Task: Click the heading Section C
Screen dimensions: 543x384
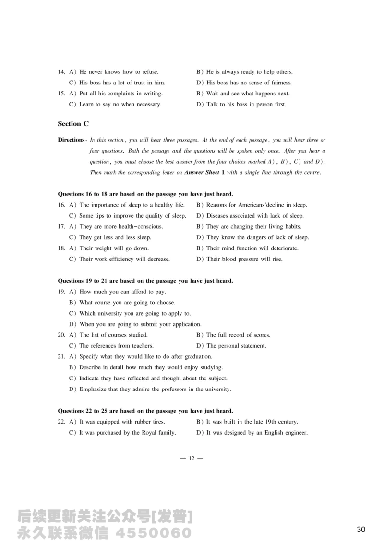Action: pos(73,124)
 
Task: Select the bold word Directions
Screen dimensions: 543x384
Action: pos(71,140)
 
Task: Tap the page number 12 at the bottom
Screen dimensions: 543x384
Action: pos(192,459)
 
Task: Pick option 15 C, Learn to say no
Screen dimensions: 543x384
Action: pos(115,104)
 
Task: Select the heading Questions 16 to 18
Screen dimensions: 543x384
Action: pos(145,194)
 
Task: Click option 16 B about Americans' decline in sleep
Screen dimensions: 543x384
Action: pos(252,205)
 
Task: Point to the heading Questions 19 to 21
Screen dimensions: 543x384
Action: pos(145,281)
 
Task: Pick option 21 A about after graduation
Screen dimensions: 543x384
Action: pos(141,356)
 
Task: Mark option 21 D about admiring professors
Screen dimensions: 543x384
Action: pos(150,389)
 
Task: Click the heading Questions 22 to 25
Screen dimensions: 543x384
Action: pos(145,411)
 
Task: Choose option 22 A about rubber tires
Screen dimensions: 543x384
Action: pos(117,422)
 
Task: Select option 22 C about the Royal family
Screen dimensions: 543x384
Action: pos(122,433)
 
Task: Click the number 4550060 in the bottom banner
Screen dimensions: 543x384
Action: pos(154,533)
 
